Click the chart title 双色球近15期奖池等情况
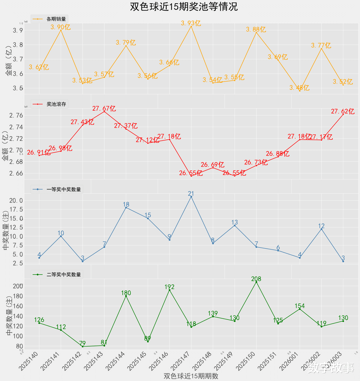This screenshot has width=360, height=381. point(184,7)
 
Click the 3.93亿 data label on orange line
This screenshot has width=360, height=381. point(191,23)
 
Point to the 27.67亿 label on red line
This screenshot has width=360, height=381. point(104,109)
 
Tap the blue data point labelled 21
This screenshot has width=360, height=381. point(191,197)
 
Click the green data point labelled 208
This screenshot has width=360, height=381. point(256,282)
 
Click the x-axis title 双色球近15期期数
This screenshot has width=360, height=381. point(191,376)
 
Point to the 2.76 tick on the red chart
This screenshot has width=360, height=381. point(16,116)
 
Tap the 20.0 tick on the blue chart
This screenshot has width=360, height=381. point(16,201)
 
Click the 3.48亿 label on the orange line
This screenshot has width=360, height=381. point(299,88)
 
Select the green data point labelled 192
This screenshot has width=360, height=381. point(169,290)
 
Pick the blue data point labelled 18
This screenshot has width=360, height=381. point(126,207)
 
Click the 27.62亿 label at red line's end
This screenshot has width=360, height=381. point(343,112)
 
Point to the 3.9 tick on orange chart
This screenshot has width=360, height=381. point(18,30)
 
